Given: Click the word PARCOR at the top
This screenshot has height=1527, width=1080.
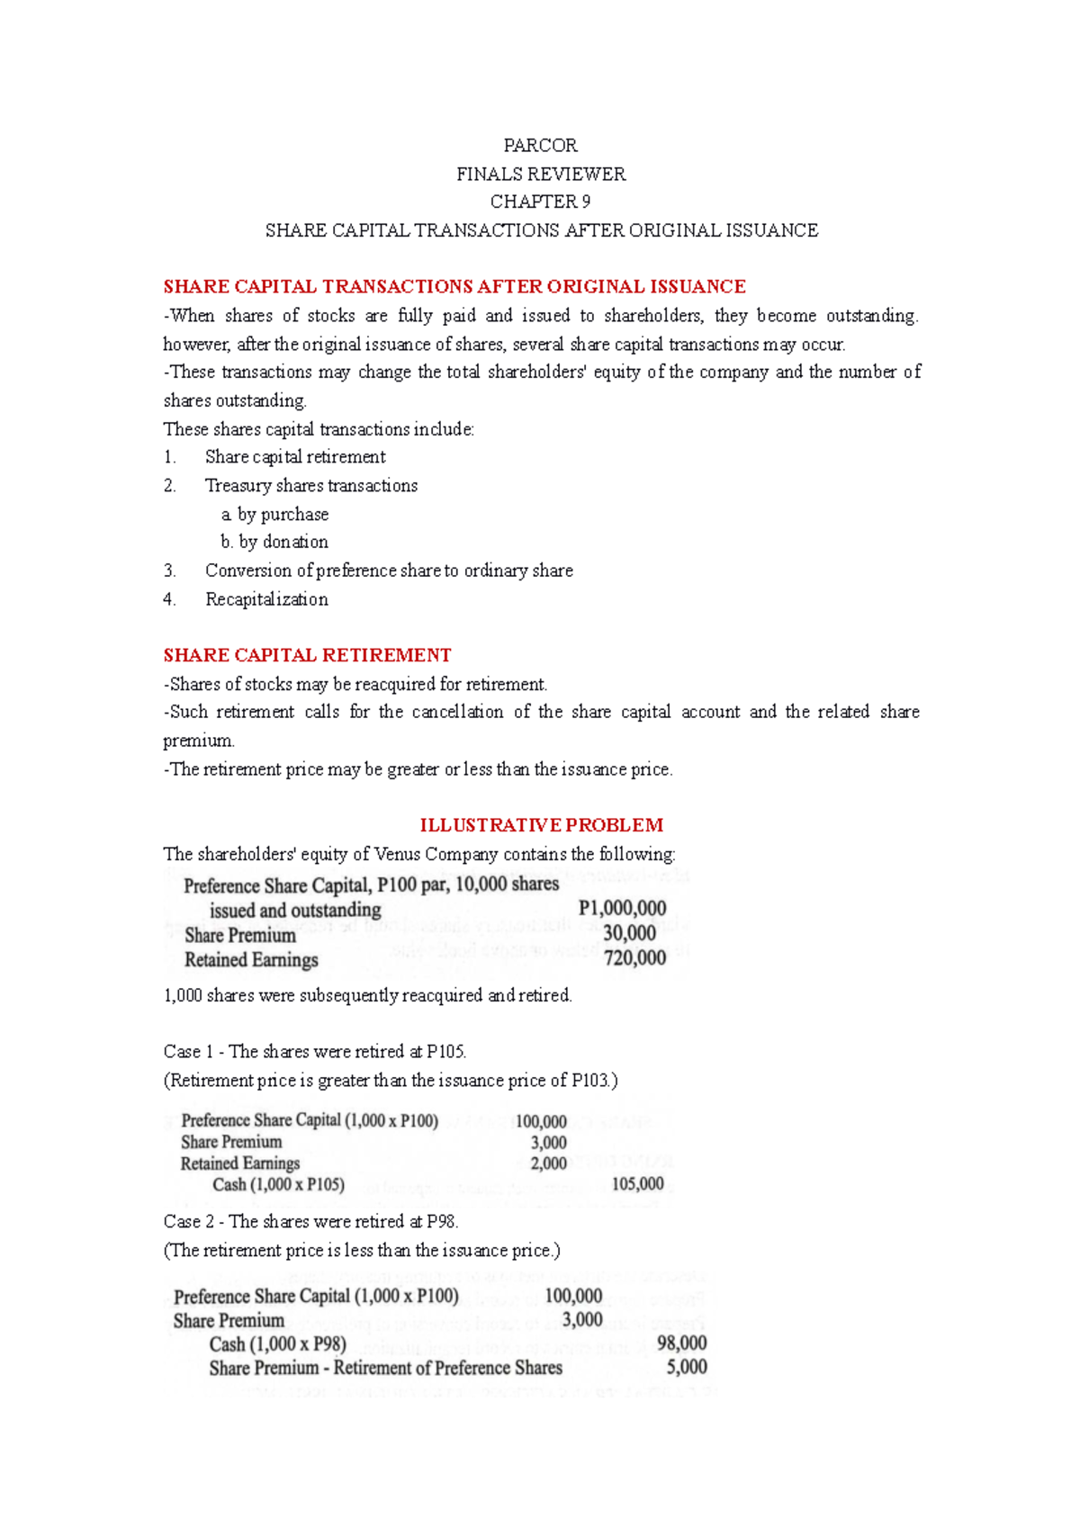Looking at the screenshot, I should [x=540, y=146].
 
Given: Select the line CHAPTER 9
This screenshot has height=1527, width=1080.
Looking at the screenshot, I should [x=540, y=202].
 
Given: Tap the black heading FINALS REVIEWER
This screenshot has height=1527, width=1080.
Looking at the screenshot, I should [x=540, y=174].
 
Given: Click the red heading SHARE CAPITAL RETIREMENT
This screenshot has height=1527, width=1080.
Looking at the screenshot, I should [x=307, y=655].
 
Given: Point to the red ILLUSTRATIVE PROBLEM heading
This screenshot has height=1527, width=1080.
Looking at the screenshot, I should [x=541, y=825].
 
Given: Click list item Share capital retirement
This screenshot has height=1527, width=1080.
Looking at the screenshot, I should [x=295, y=457].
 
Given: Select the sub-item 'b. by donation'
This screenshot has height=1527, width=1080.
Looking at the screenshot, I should [x=274, y=542].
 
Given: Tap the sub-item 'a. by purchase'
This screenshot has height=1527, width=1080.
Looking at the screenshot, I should [x=275, y=514].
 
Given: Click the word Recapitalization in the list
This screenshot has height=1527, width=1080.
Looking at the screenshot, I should [x=266, y=599].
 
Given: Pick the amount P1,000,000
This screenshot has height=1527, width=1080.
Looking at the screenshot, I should [x=622, y=909].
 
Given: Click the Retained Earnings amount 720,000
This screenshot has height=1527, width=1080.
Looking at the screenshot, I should [x=634, y=958].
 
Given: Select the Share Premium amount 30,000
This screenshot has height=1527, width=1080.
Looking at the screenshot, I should [x=629, y=934].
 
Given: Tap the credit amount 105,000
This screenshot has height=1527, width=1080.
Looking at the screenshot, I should [x=637, y=1184].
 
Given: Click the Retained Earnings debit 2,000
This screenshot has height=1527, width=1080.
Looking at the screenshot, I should [x=548, y=1163].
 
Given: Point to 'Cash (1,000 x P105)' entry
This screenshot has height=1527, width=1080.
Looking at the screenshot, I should [x=278, y=1184].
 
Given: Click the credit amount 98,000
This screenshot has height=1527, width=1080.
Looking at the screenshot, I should [x=681, y=1343].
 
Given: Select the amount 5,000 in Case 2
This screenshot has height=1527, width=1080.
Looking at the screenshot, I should [x=686, y=1368].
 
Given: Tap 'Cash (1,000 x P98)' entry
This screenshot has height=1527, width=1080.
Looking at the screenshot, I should [x=277, y=1344].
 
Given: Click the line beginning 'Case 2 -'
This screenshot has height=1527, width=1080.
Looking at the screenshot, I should [x=310, y=1222].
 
